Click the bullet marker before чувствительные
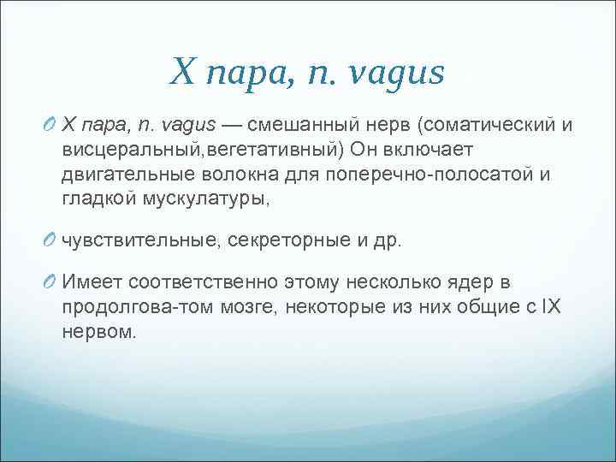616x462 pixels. (49, 241)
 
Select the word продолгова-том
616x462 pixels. (126, 307)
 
